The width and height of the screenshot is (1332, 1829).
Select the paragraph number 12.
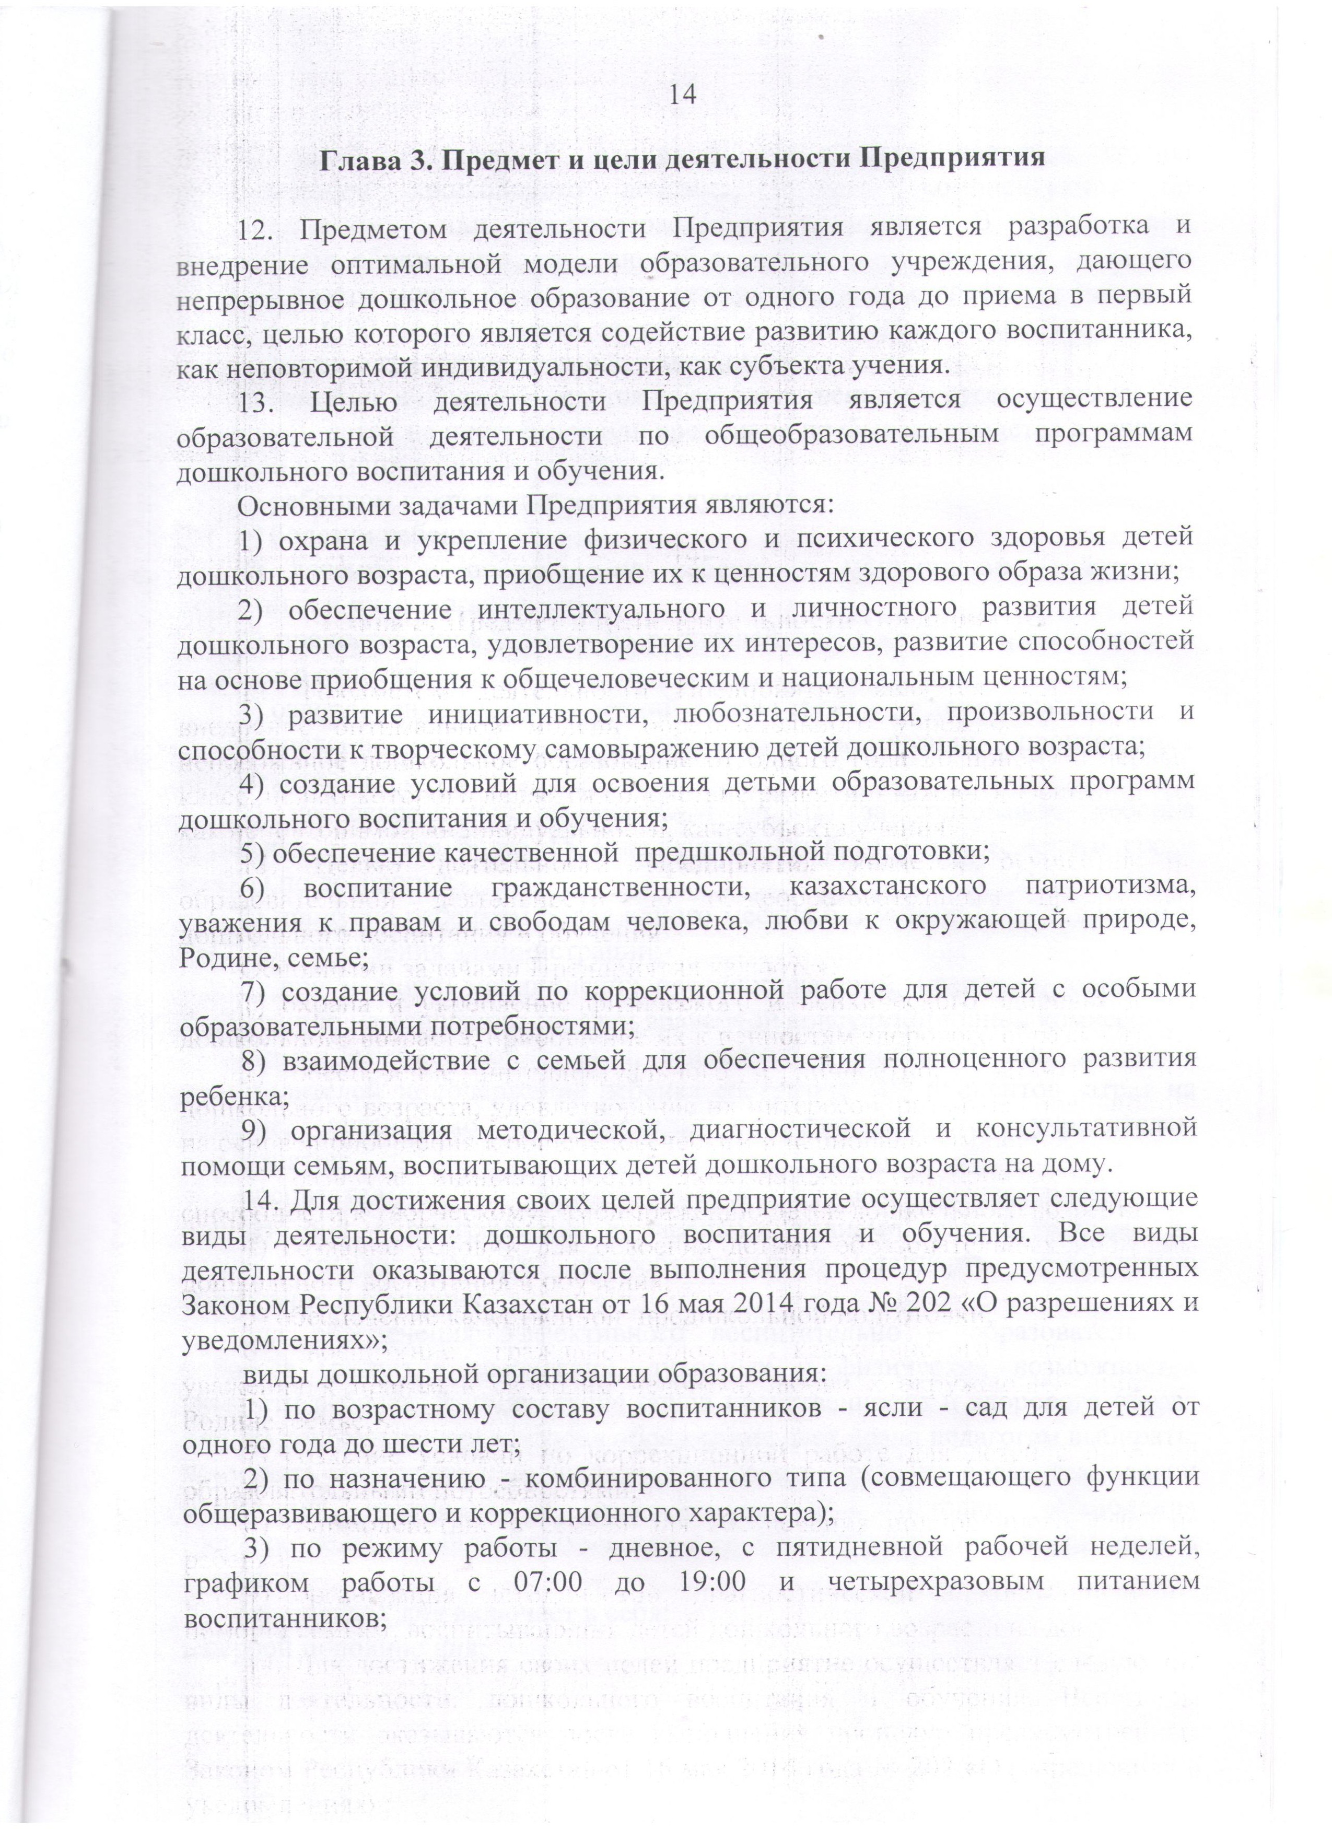click(256, 228)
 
